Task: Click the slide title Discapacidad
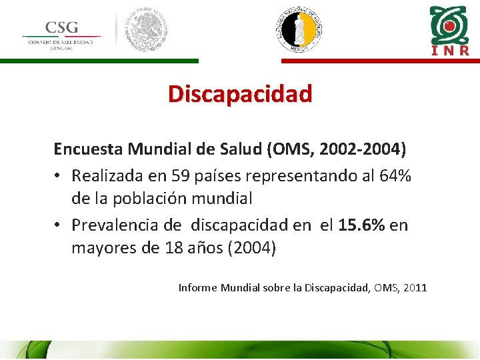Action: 240,93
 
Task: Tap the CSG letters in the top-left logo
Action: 61,27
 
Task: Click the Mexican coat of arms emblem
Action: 147,30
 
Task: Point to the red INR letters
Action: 450,50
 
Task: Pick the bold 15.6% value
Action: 361,225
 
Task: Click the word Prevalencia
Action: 114,225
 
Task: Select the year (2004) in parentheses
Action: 251,249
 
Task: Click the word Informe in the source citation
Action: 198,288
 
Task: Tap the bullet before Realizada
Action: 59,177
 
